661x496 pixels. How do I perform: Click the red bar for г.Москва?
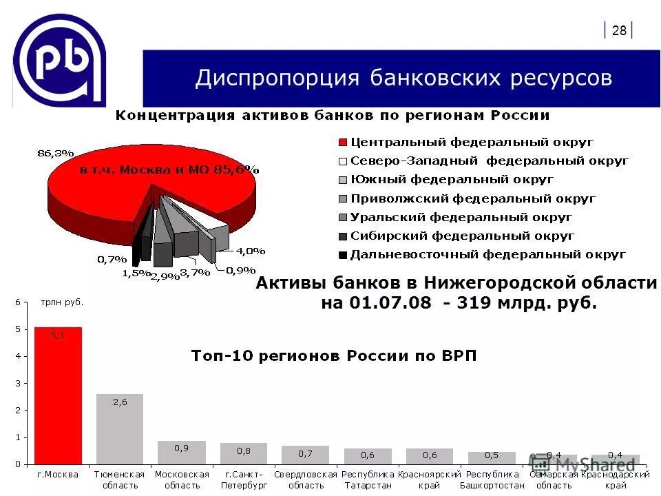click(x=58, y=396)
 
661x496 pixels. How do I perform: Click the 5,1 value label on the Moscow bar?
click(x=58, y=335)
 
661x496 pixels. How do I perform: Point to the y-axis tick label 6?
click(x=19, y=302)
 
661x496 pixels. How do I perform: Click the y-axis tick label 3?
click(x=19, y=383)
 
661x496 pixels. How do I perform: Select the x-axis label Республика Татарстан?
click(x=368, y=479)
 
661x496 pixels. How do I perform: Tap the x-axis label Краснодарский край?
click(x=616, y=479)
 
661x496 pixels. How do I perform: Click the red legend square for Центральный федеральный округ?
click(x=342, y=143)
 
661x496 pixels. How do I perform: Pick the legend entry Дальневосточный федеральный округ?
click(x=487, y=254)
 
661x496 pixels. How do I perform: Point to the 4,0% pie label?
click(x=251, y=251)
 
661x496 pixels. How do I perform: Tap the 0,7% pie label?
click(x=112, y=260)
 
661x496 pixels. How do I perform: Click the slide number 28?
click(x=619, y=30)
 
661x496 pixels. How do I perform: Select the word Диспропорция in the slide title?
click(x=277, y=78)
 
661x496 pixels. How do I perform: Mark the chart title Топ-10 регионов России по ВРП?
click(x=333, y=355)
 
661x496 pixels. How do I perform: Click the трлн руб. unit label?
click(x=62, y=302)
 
